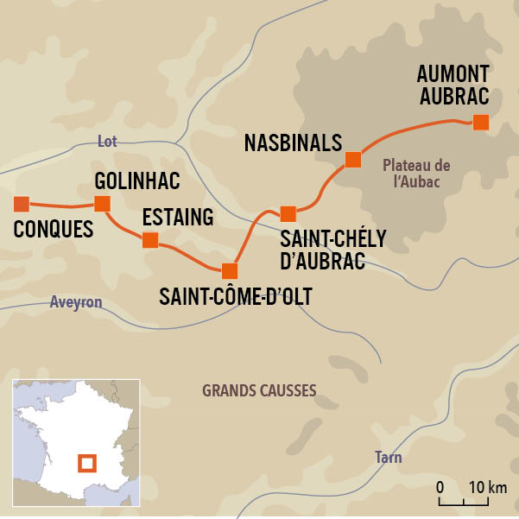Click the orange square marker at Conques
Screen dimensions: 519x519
[x=22, y=205]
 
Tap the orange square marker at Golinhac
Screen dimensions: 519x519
[x=102, y=204]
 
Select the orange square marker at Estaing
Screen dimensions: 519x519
[x=150, y=240]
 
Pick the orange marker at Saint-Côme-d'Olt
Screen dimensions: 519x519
[x=229, y=270]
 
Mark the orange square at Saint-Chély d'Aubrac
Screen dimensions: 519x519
[x=288, y=213]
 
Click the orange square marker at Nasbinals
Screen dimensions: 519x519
[x=352, y=159]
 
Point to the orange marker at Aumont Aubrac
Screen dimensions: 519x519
[x=481, y=122]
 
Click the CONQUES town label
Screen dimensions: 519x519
[x=54, y=231]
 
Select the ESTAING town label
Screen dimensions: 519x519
[x=178, y=217]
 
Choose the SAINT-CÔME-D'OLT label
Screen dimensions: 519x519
[x=235, y=297]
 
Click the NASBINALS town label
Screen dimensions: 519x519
[x=294, y=142]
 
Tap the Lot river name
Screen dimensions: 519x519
[x=107, y=142]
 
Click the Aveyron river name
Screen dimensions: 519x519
[x=76, y=302]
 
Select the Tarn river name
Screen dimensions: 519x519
[x=389, y=457]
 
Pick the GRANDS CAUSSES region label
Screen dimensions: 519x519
[x=259, y=390]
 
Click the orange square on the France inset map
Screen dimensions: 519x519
[x=86, y=463]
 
